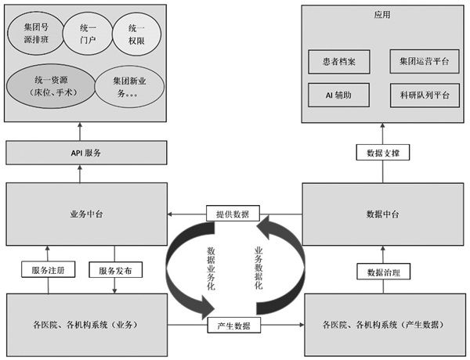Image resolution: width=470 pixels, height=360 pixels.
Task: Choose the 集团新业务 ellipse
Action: click(x=125, y=86)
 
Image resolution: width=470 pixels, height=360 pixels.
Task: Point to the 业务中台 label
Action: click(x=86, y=213)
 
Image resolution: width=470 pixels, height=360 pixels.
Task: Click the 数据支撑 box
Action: click(x=378, y=153)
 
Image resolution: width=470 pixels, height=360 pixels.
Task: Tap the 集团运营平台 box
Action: click(x=424, y=61)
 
